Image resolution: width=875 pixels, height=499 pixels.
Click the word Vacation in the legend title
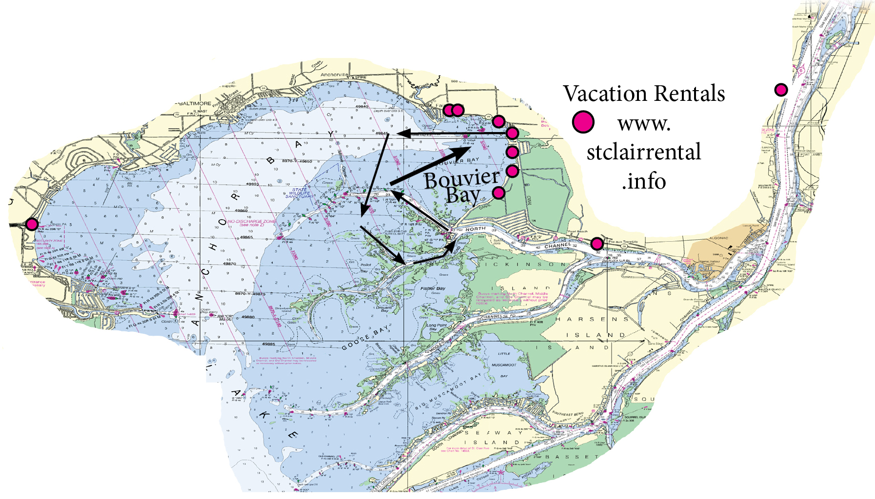coord(604,94)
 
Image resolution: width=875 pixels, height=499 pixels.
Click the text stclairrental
coord(644,152)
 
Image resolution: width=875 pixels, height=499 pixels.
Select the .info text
coord(644,181)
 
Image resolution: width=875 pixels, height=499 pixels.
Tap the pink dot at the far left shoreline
coord(32,224)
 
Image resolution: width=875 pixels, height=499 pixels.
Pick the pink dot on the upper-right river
coord(781,90)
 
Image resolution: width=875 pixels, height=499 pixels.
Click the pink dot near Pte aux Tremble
coord(597,243)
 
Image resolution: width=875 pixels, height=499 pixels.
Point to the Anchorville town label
coord(334,75)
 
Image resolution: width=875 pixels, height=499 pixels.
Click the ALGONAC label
coord(718,238)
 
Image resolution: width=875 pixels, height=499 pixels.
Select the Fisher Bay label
coord(433,288)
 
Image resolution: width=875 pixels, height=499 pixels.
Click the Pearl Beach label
coord(577,231)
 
